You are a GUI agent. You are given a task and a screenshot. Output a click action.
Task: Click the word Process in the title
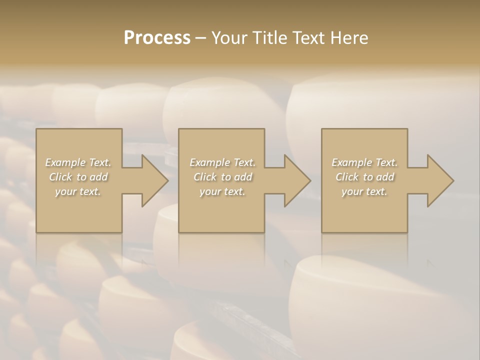[x=157, y=38]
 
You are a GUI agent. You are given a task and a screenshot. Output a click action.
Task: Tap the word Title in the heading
[x=268, y=38]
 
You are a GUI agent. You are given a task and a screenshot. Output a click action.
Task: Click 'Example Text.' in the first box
[x=78, y=162]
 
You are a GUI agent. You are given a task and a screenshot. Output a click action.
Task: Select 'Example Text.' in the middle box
[x=222, y=162]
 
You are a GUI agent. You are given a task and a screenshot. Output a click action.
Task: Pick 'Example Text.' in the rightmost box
[x=364, y=162]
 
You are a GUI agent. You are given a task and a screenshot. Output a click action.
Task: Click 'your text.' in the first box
[x=78, y=191]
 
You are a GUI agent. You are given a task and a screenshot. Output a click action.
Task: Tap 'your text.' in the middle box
[x=222, y=191]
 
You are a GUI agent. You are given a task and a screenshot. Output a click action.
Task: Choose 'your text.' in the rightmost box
[x=364, y=191]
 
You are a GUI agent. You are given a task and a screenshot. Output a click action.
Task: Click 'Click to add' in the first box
[x=78, y=177]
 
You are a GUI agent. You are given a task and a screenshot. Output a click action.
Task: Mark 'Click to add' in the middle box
[x=222, y=177]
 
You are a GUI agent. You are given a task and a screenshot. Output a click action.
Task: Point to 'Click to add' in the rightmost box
[x=364, y=177]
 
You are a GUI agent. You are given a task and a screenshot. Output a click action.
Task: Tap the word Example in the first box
[x=65, y=162]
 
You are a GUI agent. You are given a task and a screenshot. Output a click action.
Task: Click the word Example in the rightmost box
[x=351, y=162]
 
